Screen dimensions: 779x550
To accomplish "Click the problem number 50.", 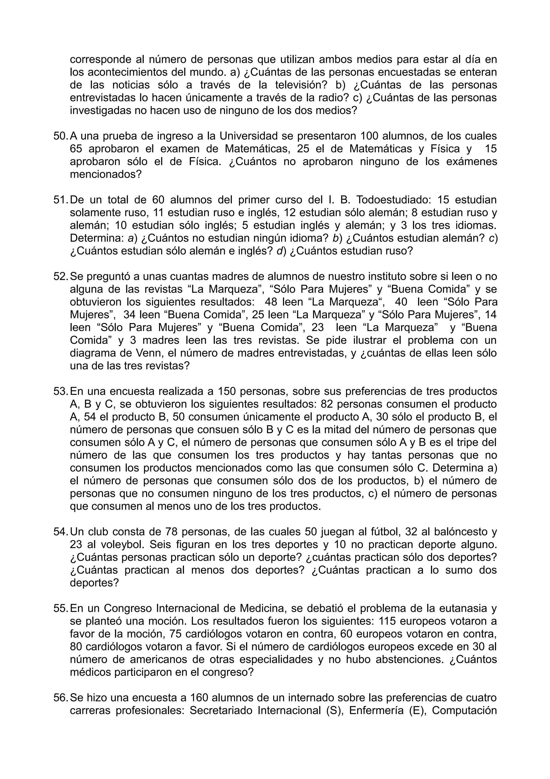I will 61,136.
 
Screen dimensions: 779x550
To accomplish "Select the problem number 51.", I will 61,200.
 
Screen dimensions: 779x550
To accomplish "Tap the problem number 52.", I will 61,277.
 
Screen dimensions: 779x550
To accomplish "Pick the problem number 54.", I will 61,532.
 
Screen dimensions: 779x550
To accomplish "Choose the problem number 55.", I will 61,608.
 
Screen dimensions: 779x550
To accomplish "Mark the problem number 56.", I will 61,698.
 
